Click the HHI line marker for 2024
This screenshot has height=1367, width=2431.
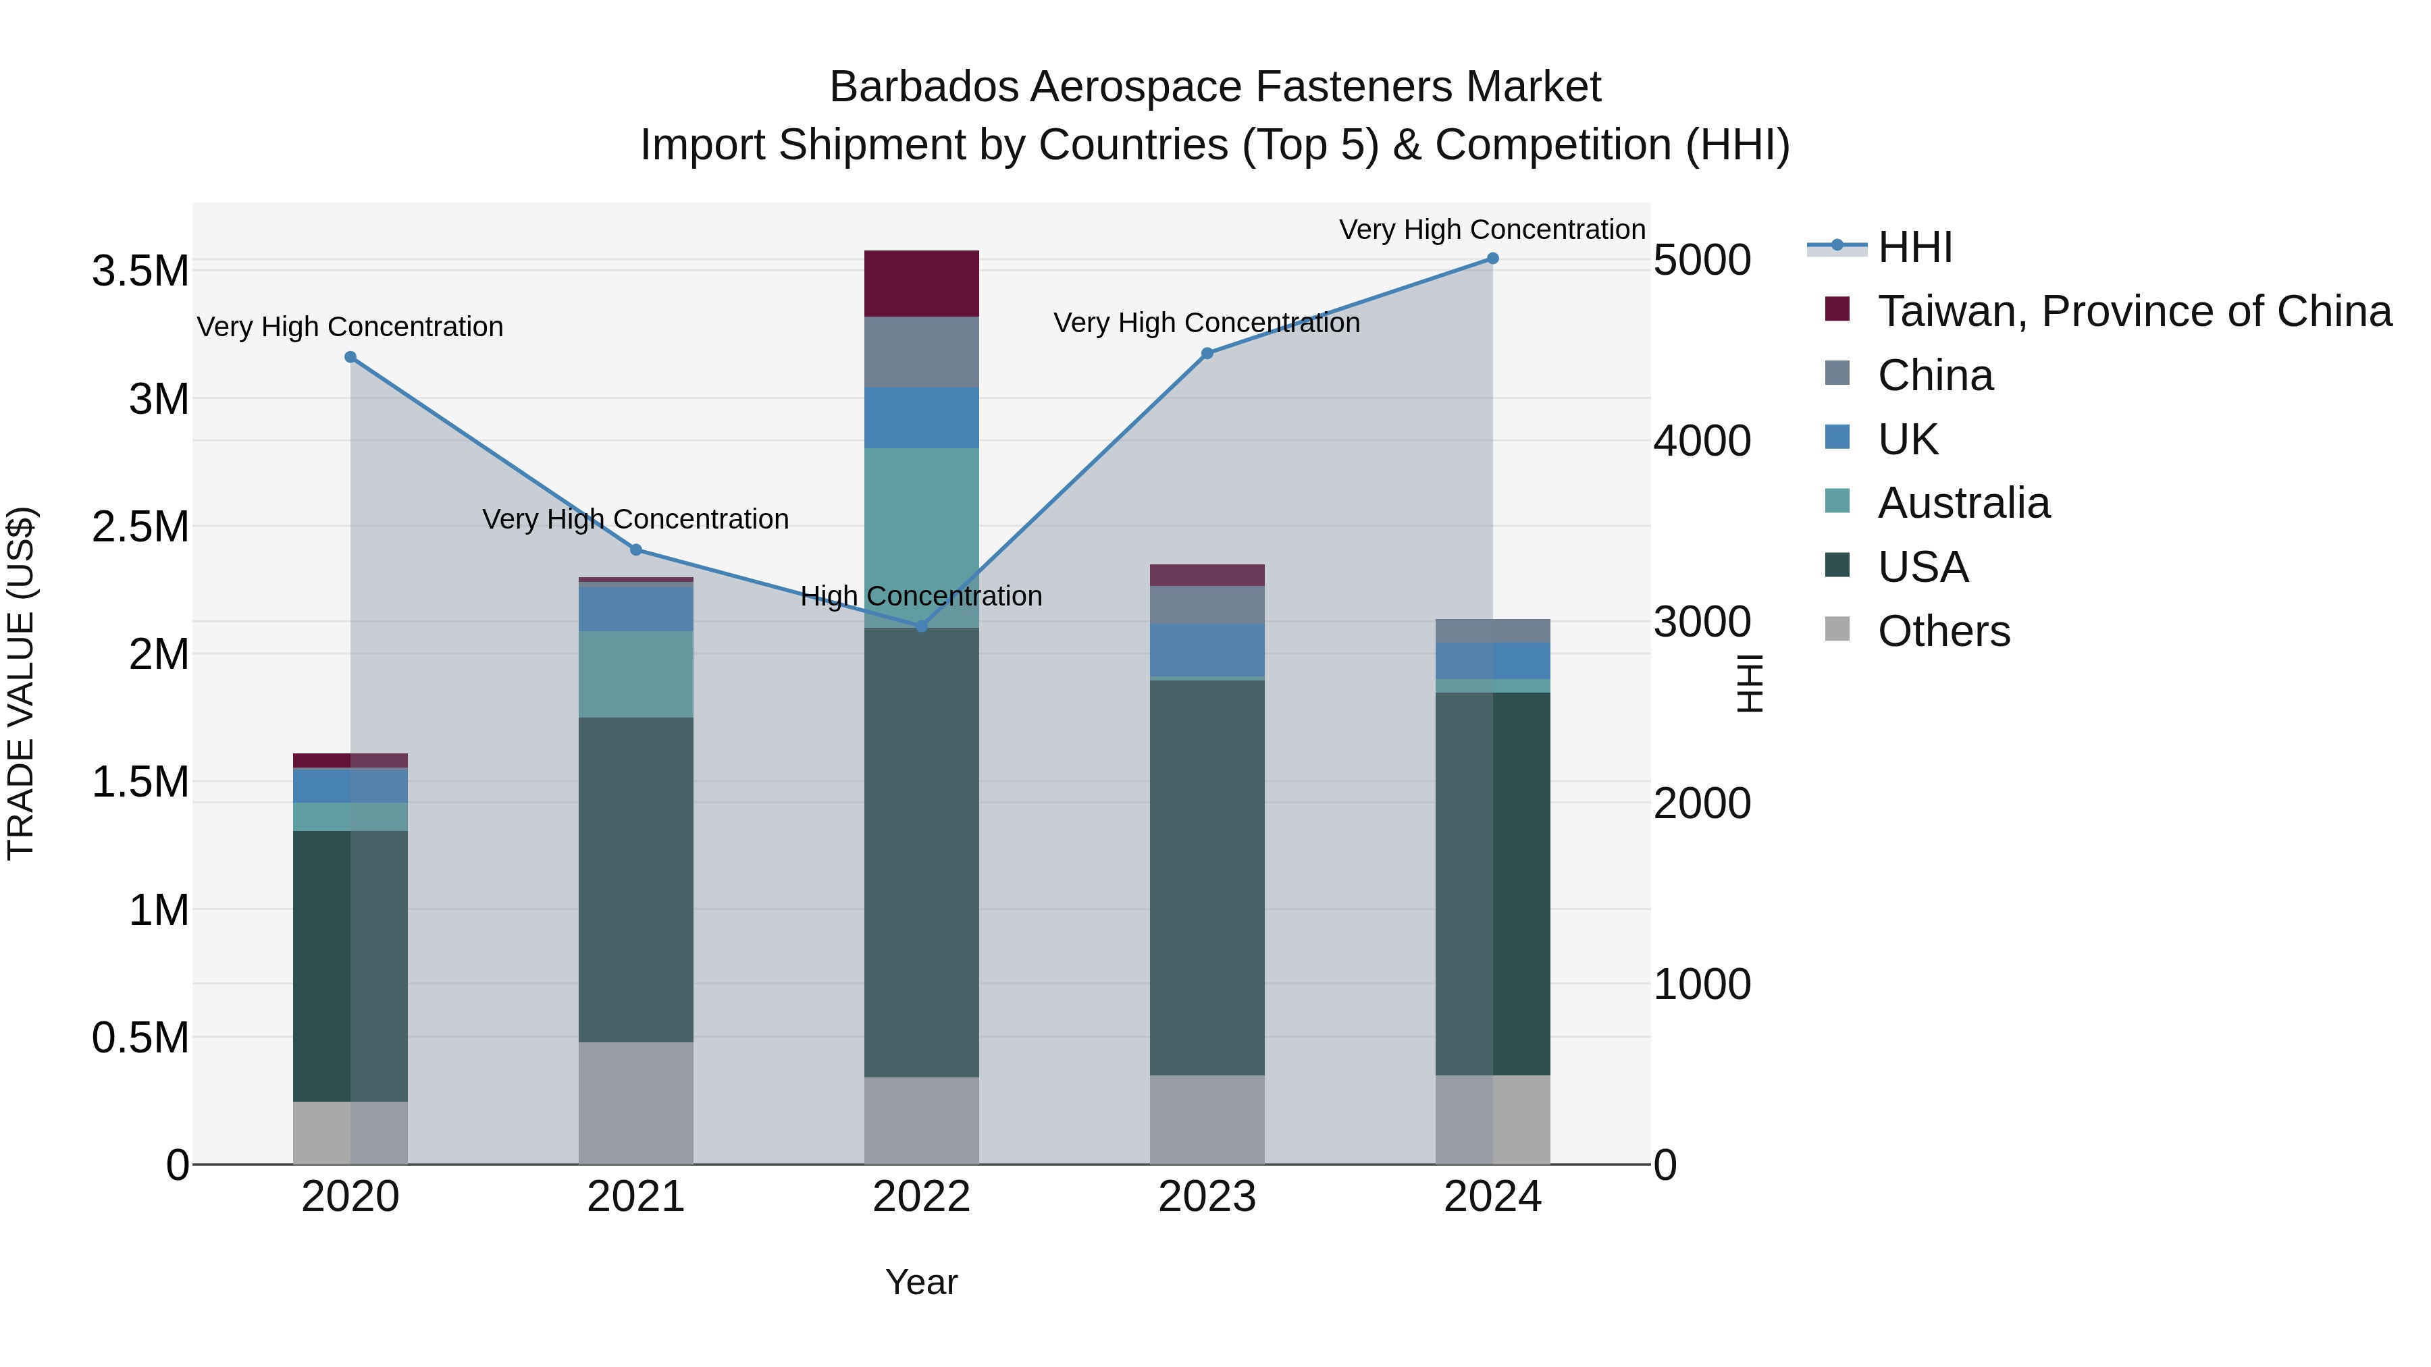[1492, 259]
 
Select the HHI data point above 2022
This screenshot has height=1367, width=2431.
[922, 626]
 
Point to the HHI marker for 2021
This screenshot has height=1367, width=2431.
[636, 550]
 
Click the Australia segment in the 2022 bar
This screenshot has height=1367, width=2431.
[922, 538]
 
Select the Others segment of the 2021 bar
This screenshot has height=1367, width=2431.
[636, 1103]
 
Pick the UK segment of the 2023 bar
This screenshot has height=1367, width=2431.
[1207, 650]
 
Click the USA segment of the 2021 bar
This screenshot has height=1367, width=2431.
[636, 879]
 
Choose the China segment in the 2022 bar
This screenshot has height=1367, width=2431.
[922, 352]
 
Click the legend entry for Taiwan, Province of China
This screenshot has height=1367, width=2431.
[2134, 311]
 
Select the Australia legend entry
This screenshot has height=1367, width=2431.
[1963, 503]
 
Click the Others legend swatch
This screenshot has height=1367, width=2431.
[1837, 629]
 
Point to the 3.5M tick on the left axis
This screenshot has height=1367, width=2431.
[140, 271]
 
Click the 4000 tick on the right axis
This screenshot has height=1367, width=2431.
[1702, 441]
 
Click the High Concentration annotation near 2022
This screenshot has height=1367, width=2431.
[921, 596]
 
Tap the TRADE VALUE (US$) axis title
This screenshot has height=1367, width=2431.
[21, 683]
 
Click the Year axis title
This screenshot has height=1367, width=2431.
[921, 1282]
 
